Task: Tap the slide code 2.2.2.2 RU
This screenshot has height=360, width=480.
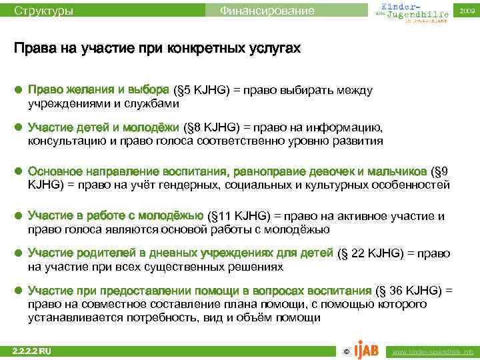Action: coord(32,351)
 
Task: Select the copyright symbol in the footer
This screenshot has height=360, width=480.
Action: coord(345,351)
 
